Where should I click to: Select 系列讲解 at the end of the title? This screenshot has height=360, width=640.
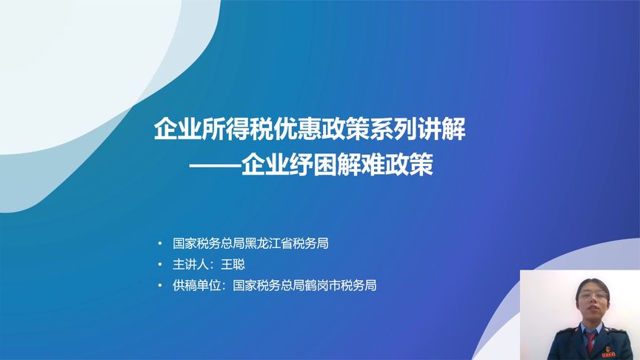(418, 129)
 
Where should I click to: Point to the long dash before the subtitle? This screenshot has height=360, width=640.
(215, 165)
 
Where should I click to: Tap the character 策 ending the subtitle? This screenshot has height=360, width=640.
(421, 164)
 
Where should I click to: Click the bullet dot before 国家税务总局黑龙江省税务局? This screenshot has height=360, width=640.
(160, 244)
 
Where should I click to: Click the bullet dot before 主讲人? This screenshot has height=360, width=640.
(160, 264)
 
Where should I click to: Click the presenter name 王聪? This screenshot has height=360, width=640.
(233, 264)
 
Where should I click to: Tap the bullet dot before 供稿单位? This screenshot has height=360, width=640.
(160, 285)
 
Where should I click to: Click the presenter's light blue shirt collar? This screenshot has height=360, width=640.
(591, 330)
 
